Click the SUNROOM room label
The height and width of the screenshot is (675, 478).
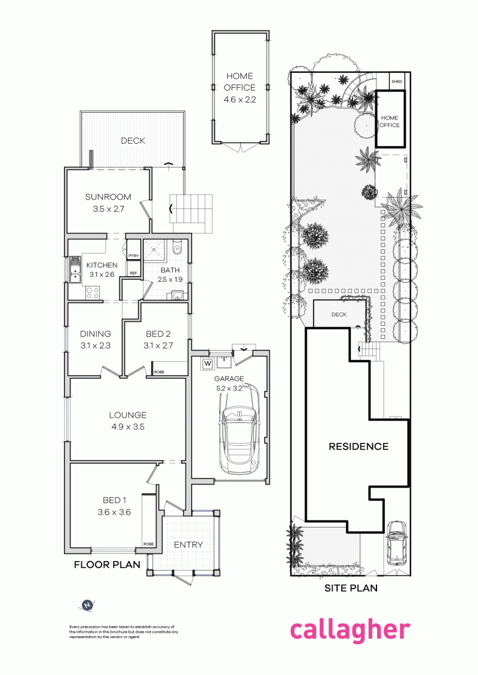point(108,197)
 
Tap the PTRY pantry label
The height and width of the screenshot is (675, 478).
point(133,256)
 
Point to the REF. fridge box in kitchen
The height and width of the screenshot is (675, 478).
point(133,273)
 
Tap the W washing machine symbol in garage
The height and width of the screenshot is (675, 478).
point(208,363)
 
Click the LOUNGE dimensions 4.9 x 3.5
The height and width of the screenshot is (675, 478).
point(127,427)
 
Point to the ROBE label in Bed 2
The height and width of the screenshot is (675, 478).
point(160,372)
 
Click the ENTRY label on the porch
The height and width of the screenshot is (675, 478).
point(189,544)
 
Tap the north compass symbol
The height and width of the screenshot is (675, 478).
point(87,605)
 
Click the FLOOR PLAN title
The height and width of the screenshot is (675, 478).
point(106,565)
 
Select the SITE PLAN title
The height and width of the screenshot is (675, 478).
point(351,588)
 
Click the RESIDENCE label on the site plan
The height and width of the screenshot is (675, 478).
point(358,446)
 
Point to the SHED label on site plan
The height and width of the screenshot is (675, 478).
point(397,81)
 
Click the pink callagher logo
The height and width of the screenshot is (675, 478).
point(350,631)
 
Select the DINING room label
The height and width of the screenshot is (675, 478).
point(96,334)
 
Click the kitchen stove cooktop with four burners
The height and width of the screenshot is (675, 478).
point(93,292)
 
